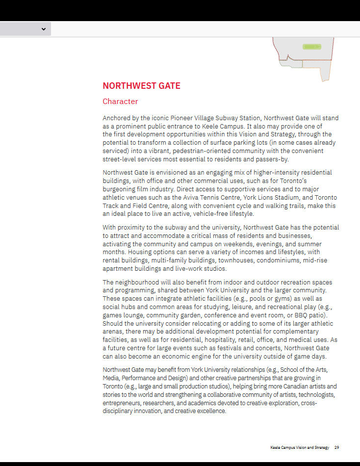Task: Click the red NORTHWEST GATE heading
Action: pyautogui.click(x=141, y=86)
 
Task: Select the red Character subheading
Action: pyautogui.click(x=120, y=102)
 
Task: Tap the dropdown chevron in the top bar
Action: pyautogui.click(x=44, y=29)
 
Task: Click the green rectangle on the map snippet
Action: pyautogui.click(x=311, y=47)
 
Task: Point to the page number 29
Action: pyautogui.click(x=337, y=447)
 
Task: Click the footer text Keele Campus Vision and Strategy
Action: pyautogui.click(x=299, y=447)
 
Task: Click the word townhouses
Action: pyautogui.click(x=232, y=260)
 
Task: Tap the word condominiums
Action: pyautogui.click(x=278, y=260)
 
